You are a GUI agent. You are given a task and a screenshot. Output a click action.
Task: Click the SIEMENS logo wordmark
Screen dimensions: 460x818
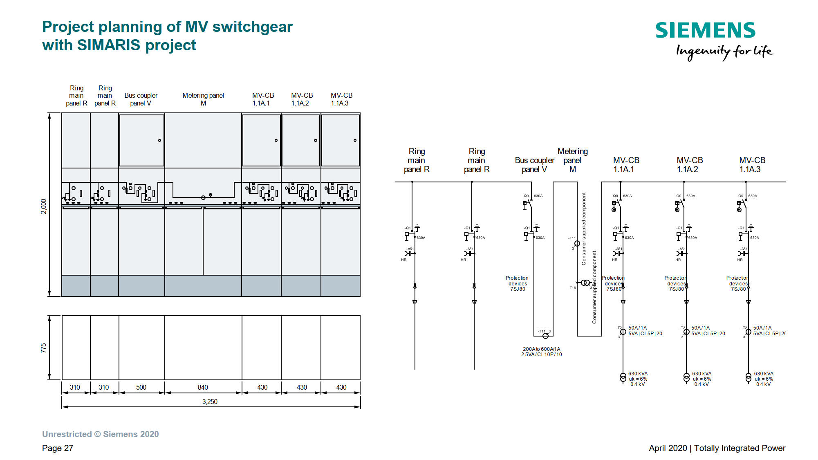tap(705, 31)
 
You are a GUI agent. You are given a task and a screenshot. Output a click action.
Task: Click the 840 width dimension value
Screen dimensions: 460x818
tap(203, 387)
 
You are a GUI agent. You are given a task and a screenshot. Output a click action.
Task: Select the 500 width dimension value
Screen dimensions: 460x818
tap(141, 387)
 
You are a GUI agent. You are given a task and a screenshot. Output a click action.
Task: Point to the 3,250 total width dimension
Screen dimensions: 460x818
tap(210, 402)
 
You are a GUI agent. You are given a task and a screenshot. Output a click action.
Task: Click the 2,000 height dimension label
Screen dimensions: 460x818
tap(44, 206)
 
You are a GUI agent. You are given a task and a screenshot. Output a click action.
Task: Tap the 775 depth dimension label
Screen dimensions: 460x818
tap(44, 348)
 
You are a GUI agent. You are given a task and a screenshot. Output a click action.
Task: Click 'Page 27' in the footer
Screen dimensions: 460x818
tap(58, 448)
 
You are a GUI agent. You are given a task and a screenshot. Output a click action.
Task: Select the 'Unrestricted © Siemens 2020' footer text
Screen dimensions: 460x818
tap(101, 434)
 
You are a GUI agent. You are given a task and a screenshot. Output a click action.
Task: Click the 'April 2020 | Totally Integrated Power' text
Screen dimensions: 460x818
tap(717, 448)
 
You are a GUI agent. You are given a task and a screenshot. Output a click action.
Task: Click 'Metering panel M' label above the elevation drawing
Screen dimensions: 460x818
tap(203, 99)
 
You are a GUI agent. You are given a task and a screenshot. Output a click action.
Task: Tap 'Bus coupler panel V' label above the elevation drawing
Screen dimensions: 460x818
tap(141, 99)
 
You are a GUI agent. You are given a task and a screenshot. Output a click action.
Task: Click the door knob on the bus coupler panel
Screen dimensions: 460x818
tap(159, 140)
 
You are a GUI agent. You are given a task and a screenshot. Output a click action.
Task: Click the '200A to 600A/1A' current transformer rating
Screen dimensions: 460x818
tap(541, 349)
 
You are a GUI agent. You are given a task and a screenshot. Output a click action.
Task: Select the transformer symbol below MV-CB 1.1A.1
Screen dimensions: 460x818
tap(623, 378)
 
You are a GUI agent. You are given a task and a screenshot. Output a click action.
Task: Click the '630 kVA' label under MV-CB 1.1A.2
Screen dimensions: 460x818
tap(701, 374)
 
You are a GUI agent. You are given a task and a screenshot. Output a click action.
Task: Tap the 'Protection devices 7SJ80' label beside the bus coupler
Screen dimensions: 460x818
tap(518, 283)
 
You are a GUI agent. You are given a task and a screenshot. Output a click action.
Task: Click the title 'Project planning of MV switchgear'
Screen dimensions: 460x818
tap(168, 27)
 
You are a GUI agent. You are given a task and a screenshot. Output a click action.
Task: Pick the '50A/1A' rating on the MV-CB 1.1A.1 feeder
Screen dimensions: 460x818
tap(637, 328)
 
